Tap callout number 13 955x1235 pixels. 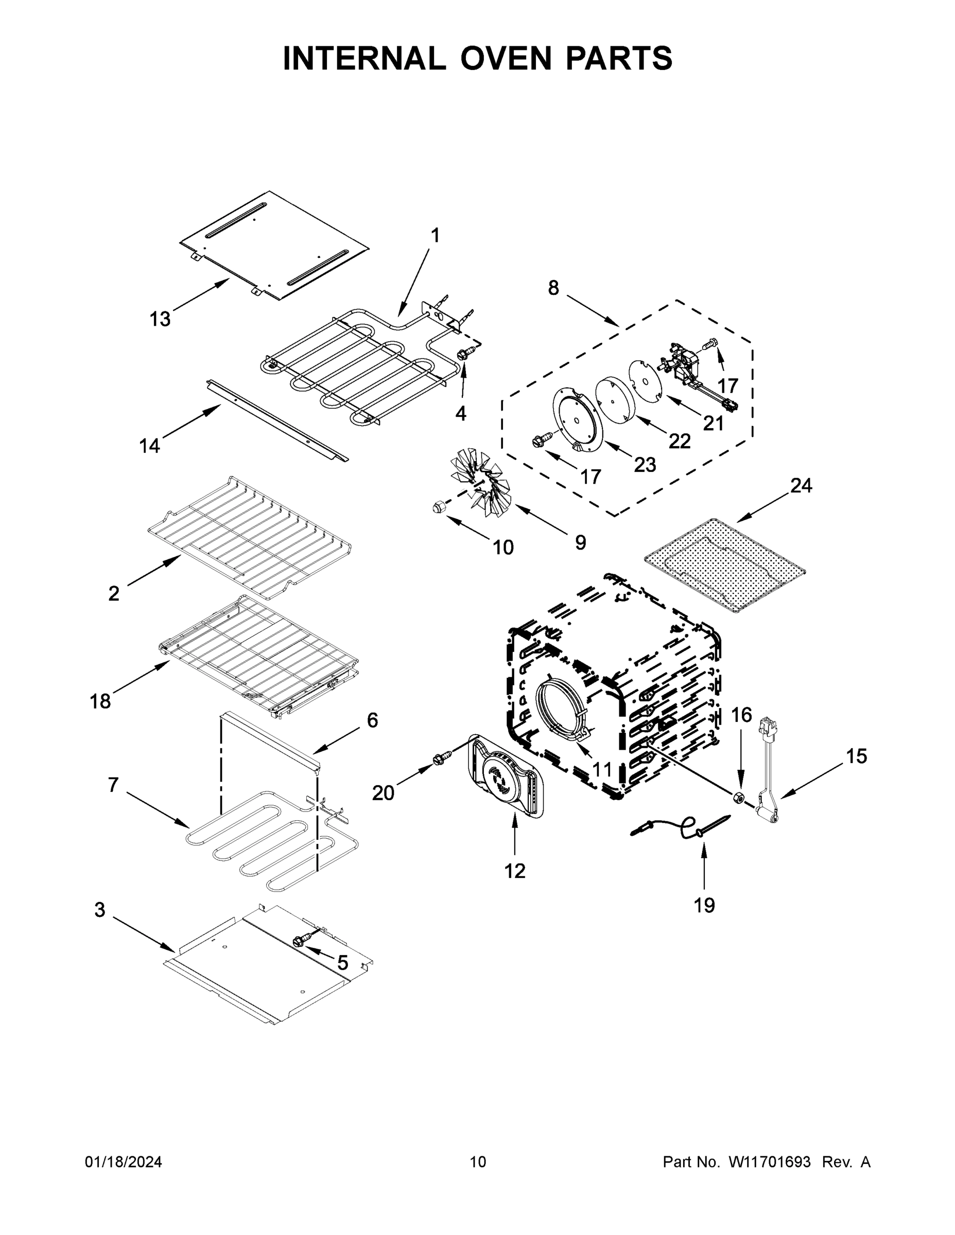pyautogui.click(x=160, y=319)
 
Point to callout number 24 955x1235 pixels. pyautogui.click(x=801, y=485)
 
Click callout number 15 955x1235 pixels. pyautogui.click(x=857, y=756)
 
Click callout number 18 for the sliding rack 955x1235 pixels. pyautogui.click(x=100, y=702)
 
